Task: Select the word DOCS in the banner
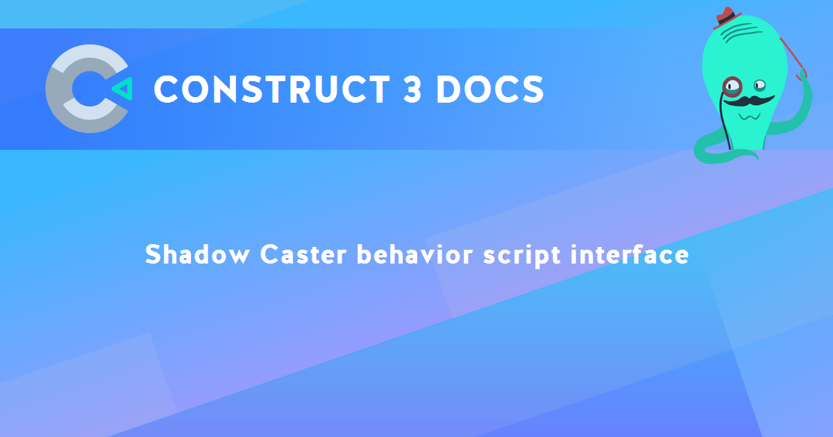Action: click(489, 89)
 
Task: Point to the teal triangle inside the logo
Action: click(121, 88)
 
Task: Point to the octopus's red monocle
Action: click(732, 86)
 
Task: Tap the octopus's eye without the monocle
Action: click(760, 85)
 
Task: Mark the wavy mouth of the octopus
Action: click(748, 116)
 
